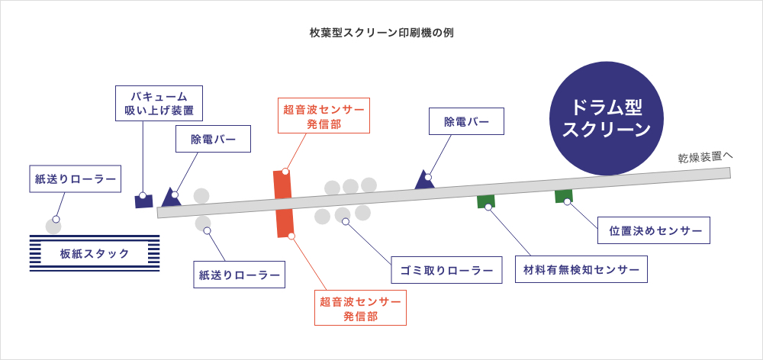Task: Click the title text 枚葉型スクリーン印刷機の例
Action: tap(381, 33)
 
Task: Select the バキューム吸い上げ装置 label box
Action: tap(159, 103)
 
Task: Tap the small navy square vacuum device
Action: tap(143, 201)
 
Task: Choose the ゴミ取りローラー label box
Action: tap(446, 270)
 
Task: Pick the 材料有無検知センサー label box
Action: tap(581, 269)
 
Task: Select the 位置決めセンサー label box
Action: tap(654, 230)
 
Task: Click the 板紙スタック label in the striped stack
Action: tap(95, 253)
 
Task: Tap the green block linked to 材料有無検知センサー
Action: tap(486, 201)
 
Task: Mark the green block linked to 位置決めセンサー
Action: tap(564, 195)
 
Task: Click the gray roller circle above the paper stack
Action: tap(53, 227)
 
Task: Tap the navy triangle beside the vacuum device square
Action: tap(171, 197)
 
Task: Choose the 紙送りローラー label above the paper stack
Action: tap(76, 179)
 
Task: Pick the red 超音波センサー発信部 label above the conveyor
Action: tap(324, 115)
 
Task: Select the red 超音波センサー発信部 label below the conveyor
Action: tap(361, 307)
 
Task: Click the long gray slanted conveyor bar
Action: tap(444, 193)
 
